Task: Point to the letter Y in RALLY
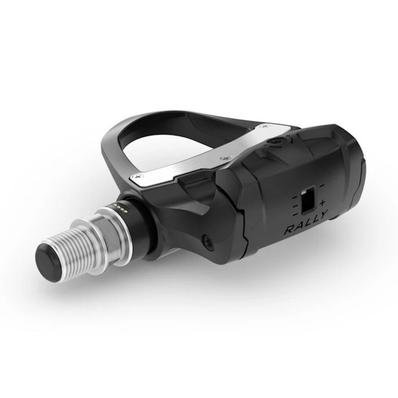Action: tap(322, 215)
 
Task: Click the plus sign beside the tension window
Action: tap(322, 203)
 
